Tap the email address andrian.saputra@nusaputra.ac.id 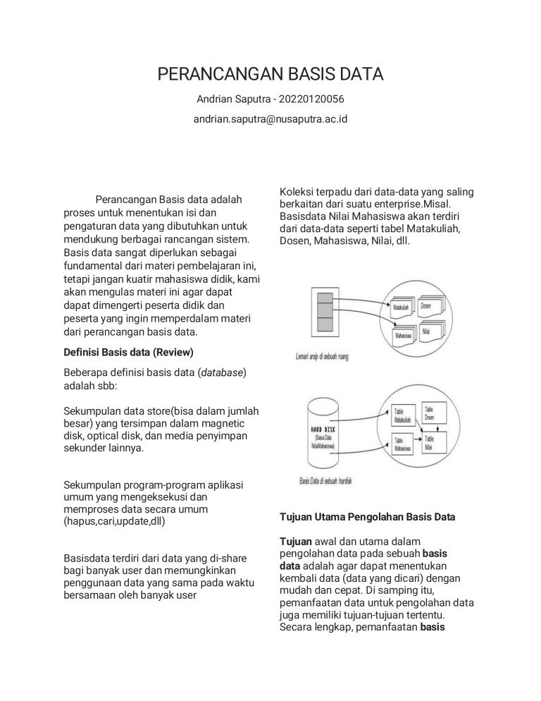[x=270, y=119]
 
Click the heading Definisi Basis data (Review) [x=128, y=351]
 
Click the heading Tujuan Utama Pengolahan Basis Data [x=368, y=517]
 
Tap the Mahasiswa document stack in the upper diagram [x=404, y=335]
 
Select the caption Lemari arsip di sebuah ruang [x=322, y=357]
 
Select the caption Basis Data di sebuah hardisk [x=325, y=481]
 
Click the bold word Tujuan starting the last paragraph [x=295, y=541]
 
